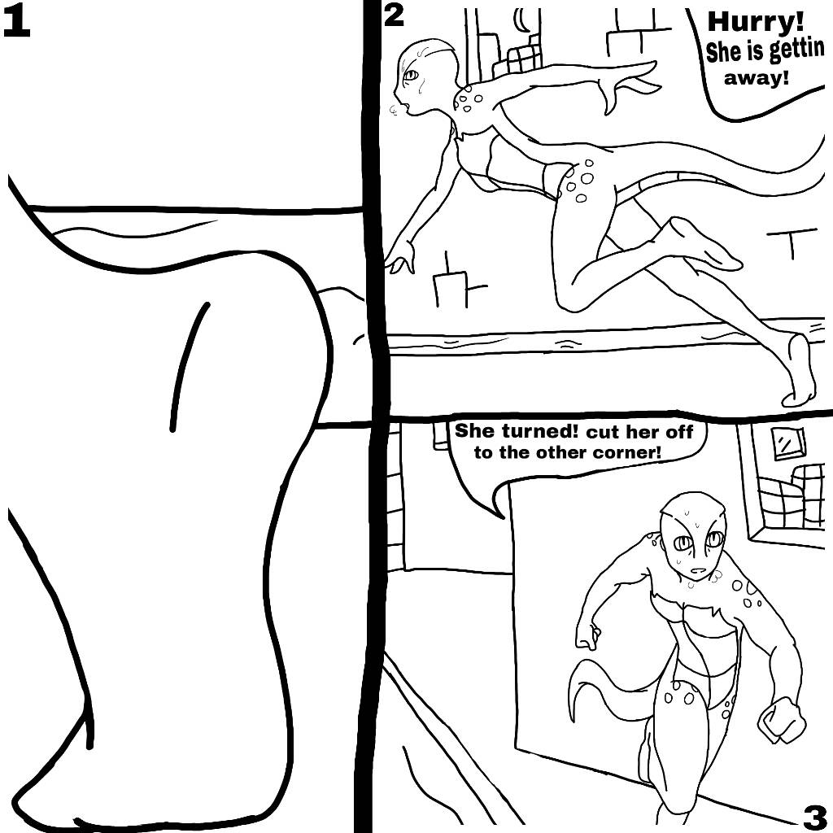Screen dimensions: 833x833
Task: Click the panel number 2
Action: click(x=393, y=15)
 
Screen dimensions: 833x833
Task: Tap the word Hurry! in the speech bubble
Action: click(x=756, y=22)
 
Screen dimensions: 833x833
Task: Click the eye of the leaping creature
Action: click(x=410, y=76)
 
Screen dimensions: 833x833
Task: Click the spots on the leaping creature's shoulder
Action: click(x=469, y=98)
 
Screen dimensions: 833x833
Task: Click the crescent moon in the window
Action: click(x=518, y=21)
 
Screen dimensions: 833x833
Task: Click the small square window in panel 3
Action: click(x=787, y=442)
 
